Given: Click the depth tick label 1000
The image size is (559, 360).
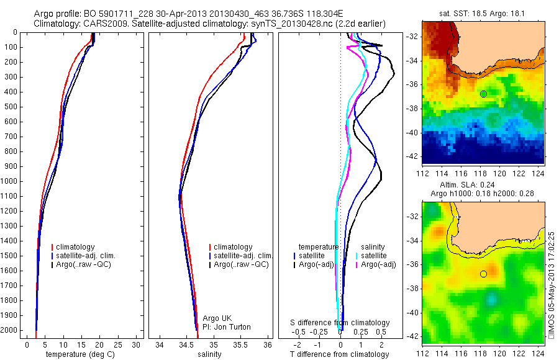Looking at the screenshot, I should (x=11, y=181).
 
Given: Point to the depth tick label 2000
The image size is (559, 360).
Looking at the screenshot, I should (x=11, y=330).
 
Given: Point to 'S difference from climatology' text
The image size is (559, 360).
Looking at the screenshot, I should (x=340, y=323).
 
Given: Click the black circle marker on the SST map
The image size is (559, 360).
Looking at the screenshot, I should (x=483, y=94).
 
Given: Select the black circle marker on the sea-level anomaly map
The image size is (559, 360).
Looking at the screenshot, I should (x=483, y=274).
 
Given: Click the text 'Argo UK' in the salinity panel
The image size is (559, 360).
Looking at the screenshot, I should (x=218, y=318).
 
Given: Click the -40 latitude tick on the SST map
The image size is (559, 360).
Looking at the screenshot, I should (x=414, y=132).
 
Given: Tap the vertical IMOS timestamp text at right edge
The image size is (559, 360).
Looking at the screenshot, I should (x=552, y=286).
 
